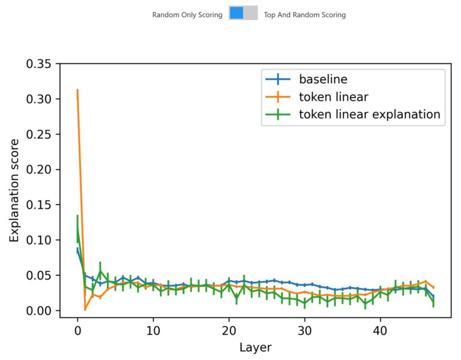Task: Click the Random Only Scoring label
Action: coord(187,15)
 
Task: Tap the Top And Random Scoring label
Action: coord(304,15)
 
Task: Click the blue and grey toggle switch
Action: coord(243,13)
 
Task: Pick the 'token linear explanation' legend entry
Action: coord(369,114)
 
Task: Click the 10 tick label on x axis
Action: coord(153,330)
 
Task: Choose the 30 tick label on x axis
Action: coord(304,330)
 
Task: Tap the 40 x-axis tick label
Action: coord(380,330)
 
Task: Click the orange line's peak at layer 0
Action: coord(77,90)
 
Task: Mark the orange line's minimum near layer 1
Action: coord(85,310)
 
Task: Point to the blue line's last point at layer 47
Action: coord(434,297)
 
